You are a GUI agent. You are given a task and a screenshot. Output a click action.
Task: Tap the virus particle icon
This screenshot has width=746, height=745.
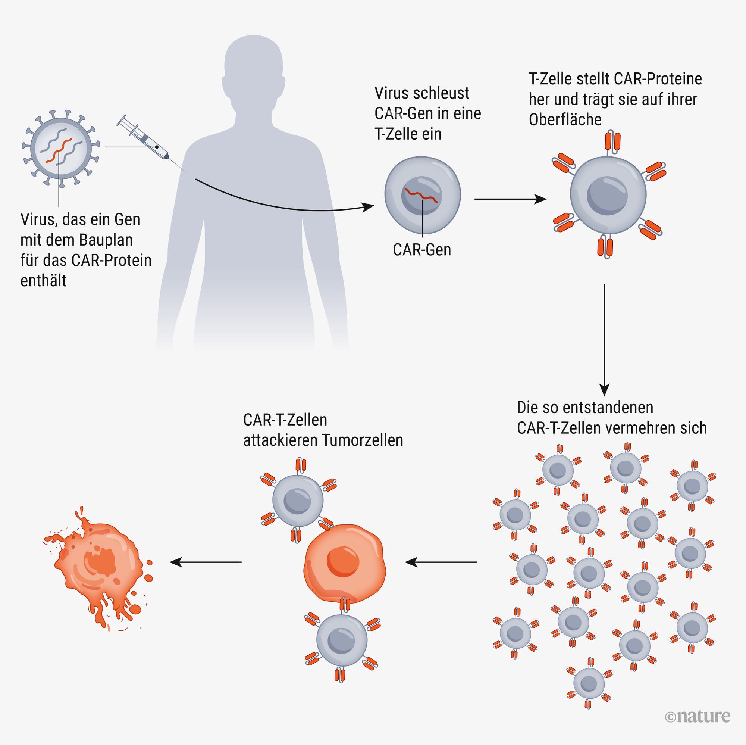pos(61,147)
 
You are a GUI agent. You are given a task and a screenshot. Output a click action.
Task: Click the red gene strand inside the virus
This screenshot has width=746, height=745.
pos(58,151)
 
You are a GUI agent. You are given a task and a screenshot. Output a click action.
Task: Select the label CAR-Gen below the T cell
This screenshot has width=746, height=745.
pos(421,250)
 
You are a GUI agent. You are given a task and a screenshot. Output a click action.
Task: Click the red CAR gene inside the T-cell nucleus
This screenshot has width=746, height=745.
pos(421,195)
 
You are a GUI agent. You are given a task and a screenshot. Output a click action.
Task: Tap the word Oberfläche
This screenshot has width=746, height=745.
pos(565,120)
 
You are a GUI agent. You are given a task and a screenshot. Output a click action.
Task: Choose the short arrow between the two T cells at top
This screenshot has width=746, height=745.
pos(510,199)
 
